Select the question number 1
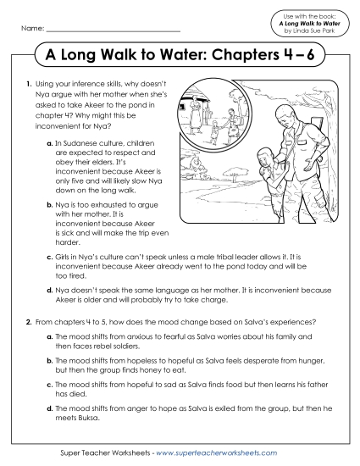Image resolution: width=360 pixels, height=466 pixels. tap(29, 86)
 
